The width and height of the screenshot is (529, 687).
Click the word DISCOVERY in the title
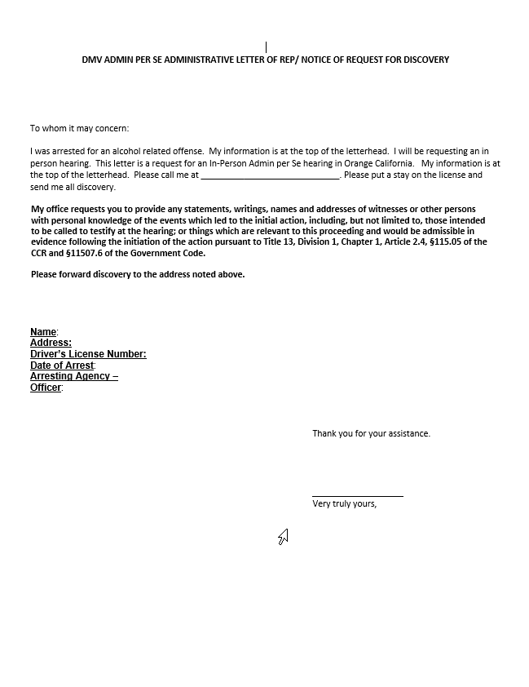pos(424,60)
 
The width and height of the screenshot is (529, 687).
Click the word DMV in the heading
pos(93,60)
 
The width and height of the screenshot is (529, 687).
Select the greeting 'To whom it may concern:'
pos(79,128)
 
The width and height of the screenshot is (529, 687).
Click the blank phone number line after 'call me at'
pos(269,175)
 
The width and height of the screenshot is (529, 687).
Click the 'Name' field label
pos(43,332)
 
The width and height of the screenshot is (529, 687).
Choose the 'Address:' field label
pos(51,343)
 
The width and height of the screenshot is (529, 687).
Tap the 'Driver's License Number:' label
pos(88,354)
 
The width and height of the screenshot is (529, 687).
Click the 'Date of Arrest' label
pos(62,366)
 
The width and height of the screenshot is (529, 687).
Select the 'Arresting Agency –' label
pos(74,376)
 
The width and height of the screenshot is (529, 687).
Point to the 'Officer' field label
pos(46,388)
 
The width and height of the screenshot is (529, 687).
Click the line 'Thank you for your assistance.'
pos(371,433)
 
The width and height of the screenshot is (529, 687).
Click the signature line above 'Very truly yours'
pos(357,495)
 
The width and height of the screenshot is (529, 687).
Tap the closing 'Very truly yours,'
pos(344,503)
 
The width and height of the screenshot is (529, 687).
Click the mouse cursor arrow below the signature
pos(283,536)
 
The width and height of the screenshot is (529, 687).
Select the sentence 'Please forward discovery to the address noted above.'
pos(138,274)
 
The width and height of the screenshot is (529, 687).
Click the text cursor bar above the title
pos(266,47)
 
